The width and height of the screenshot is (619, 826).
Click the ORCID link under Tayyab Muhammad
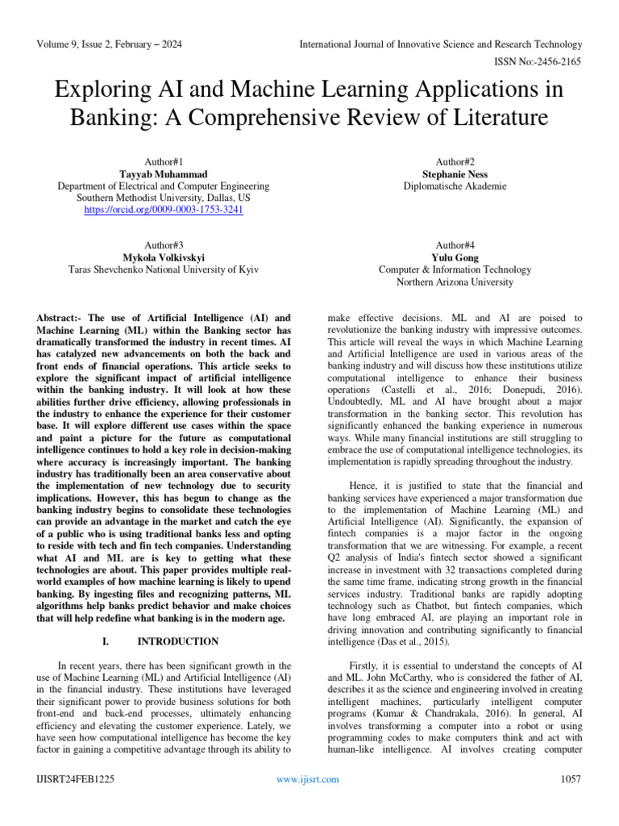164,210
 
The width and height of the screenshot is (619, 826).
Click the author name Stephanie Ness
455,173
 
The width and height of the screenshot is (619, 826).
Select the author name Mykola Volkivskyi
164,258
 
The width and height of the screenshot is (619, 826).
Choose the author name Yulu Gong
455,258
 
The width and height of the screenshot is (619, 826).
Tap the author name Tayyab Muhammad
164,173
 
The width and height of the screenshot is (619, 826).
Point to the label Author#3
164,245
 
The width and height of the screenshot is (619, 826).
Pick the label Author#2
455,161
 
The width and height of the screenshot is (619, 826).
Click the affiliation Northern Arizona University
455,282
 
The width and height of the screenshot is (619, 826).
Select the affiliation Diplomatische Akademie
455,186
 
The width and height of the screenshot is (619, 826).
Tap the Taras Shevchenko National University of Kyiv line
164,270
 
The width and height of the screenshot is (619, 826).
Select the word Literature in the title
488,118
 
